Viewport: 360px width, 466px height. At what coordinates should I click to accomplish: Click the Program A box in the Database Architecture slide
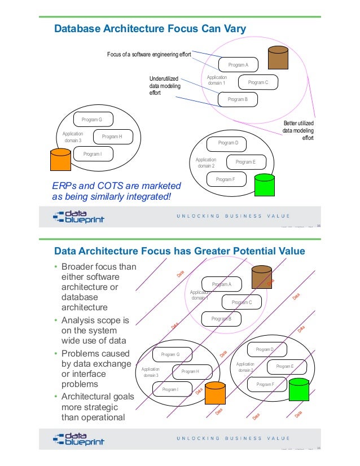(x=238, y=65)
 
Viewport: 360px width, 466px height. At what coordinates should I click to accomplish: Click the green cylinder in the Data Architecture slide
(x=298, y=390)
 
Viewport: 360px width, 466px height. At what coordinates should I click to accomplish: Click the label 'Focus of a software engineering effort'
(x=149, y=54)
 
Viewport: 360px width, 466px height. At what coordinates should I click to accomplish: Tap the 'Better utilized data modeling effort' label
(x=298, y=131)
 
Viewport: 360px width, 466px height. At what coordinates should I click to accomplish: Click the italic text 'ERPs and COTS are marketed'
(x=116, y=186)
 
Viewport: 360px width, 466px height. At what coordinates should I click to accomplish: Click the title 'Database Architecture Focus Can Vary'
(x=150, y=28)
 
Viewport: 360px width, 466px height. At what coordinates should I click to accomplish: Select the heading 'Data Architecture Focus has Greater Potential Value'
(x=179, y=251)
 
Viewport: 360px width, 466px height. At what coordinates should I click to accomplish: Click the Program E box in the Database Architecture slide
(x=245, y=162)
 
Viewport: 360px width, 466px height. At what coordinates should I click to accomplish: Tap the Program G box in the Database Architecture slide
(x=92, y=120)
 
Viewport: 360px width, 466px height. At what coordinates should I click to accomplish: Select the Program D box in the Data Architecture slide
(x=265, y=350)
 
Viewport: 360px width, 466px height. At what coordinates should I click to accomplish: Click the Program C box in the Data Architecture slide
(x=242, y=302)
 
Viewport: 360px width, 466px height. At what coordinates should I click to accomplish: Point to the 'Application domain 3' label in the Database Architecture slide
(x=72, y=137)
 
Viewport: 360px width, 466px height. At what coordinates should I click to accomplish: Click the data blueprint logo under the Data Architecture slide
(x=78, y=438)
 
